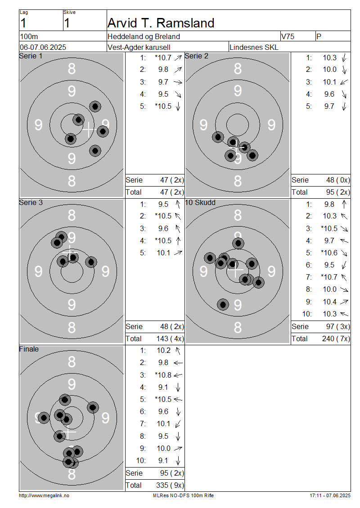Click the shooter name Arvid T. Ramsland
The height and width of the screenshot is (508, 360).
point(161,23)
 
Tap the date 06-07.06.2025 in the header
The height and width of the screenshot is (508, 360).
point(43,47)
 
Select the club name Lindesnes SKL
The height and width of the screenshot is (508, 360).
point(254,47)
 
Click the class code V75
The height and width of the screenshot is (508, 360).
point(288,36)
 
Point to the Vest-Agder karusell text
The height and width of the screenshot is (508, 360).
point(139,47)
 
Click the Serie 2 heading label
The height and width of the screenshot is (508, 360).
point(197,56)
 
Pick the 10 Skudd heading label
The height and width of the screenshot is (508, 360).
point(200,202)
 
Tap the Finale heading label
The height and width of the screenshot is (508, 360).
point(29,349)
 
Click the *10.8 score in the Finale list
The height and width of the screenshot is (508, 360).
point(163,375)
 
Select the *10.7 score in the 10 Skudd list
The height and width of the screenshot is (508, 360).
point(329,277)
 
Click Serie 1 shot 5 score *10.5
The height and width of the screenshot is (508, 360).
point(163,106)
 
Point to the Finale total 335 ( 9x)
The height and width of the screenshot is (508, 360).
point(170,485)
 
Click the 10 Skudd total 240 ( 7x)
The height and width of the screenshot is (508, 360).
point(336,339)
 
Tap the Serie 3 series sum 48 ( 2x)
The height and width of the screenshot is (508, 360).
point(172,326)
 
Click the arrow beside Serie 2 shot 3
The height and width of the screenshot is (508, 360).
point(344,82)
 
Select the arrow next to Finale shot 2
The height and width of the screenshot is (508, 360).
point(178,363)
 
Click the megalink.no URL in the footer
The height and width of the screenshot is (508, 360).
point(44,495)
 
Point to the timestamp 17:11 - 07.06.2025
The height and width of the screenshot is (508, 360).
point(330,495)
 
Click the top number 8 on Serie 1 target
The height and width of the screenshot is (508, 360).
point(72,69)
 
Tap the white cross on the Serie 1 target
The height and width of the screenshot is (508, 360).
point(88,129)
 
